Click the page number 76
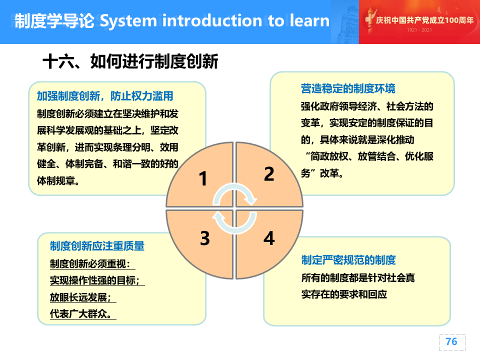(x=451, y=341)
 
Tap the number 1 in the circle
(x=203, y=178)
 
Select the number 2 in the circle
(x=269, y=174)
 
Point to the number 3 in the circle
(x=205, y=238)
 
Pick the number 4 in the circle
(x=269, y=238)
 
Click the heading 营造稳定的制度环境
(x=348, y=88)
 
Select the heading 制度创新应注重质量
(x=97, y=246)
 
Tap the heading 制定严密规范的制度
(x=348, y=260)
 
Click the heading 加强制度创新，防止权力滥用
(x=105, y=96)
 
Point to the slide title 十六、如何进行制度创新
(x=130, y=61)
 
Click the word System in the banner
(x=128, y=21)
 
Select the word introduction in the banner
(x=212, y=20)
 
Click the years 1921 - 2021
(x=419, y=30)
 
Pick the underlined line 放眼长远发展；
(x=81, y=297)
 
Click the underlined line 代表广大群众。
(x=81, y=314)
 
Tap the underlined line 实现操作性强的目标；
(x=95, y=280)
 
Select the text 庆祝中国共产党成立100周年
(x=425, y=20)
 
